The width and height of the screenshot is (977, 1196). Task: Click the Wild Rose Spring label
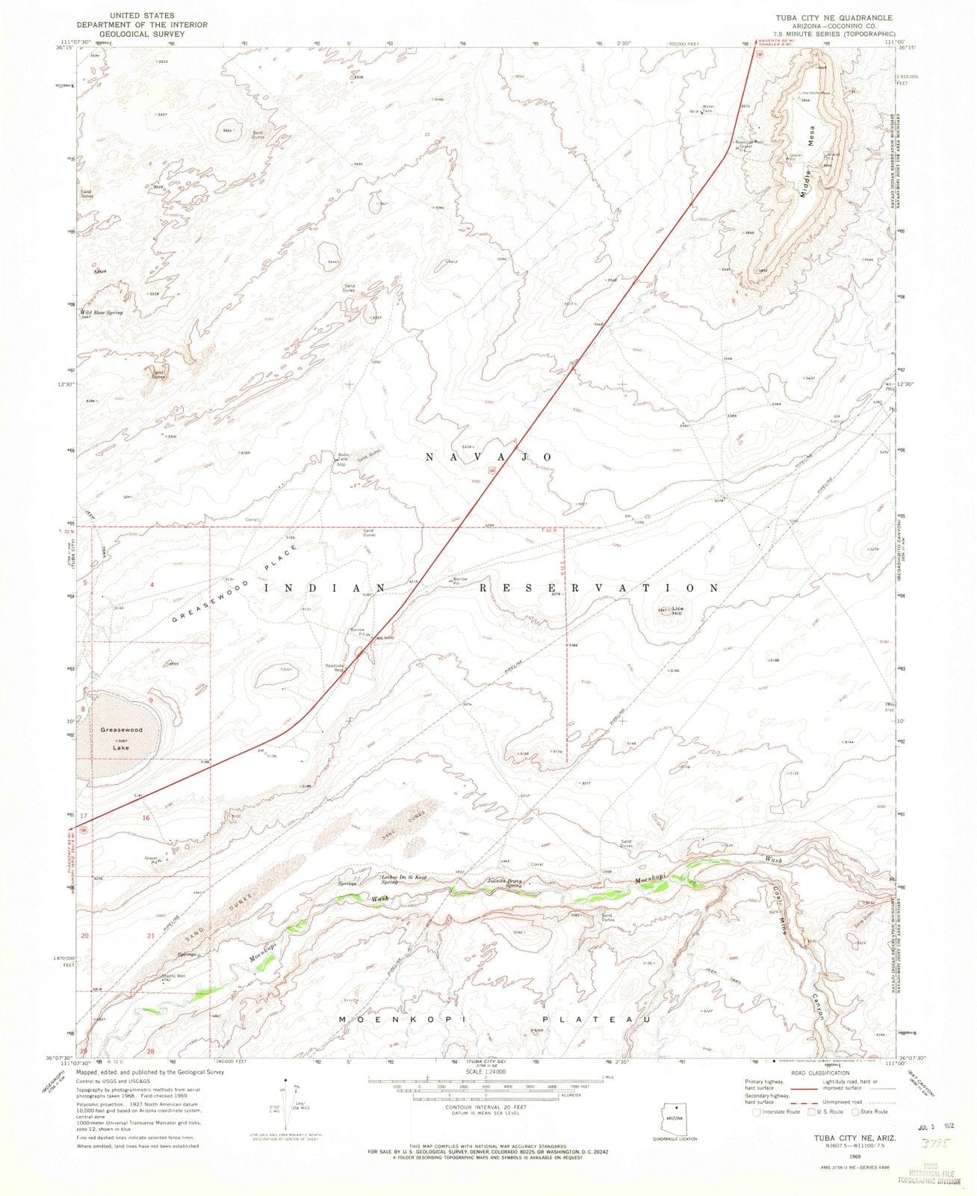pos(102,312)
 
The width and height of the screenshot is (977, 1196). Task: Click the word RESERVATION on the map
pos(609,588)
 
